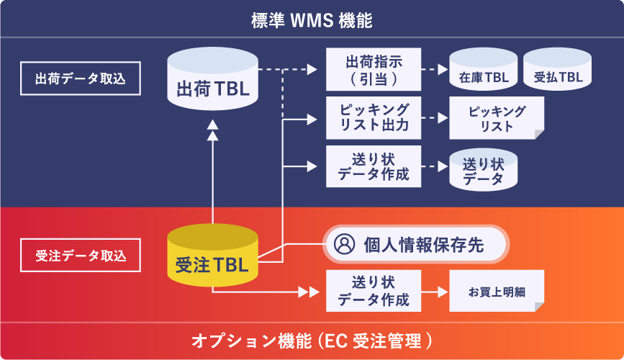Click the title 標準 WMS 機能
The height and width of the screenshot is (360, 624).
tap(312, 20)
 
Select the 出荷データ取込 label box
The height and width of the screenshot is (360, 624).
tap(81, 78)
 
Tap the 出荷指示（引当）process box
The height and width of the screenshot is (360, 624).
tap(374, 69)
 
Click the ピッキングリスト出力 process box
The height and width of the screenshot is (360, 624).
tap(374, 117)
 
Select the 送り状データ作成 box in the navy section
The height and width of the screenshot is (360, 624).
tap(374, 166)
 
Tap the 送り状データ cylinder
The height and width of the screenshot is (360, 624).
tap(483, 170)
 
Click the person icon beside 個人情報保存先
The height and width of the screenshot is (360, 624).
tap(345, 245)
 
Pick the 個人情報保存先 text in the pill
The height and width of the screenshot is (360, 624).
tap(424, 245)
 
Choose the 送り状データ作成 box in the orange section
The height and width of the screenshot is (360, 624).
tap(374, 291)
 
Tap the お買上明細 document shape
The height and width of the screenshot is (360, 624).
tap(497, 292)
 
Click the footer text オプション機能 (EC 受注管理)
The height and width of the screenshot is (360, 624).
tap(312, 340)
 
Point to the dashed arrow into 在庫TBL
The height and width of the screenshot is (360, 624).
tap(434, 70)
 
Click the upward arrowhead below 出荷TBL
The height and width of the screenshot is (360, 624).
tap(212, 125)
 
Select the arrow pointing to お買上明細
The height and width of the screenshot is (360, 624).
tap(435, 292)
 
